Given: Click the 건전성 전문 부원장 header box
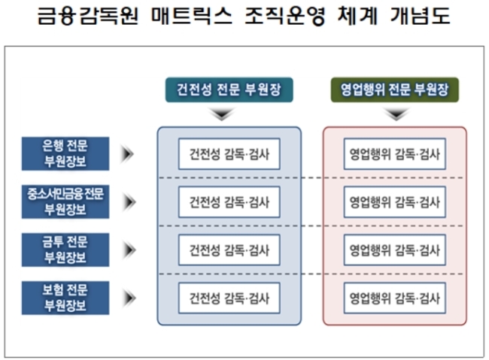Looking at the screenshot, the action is (x=229, y=89).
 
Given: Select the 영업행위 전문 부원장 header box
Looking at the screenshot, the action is (x=394, y=89).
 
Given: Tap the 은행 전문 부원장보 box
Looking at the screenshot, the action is (x=65, y=153).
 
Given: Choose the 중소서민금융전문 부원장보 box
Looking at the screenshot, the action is (x=65, y=201).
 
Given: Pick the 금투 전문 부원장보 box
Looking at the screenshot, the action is (x=65, y=250).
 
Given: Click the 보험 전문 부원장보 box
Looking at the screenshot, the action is (x=65, y=298).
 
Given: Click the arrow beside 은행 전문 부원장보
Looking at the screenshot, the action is (x=128, y=153).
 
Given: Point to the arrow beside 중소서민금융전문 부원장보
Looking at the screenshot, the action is (x=129, y=202).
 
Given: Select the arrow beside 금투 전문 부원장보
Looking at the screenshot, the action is (x=129, y=250).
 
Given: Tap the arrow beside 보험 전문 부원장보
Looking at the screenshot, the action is (x=129, y=298).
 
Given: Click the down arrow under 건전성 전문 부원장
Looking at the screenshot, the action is (x=222, y=113).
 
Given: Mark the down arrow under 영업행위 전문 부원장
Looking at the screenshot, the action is (x=396, y=113).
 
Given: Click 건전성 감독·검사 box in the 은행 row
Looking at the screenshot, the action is (x=229, y=154).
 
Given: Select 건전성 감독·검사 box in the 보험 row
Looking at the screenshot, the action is (x=229, y=298).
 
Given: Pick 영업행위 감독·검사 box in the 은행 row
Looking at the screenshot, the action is (x=395, y=154).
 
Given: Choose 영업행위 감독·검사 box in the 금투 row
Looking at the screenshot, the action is (x=395, y=250).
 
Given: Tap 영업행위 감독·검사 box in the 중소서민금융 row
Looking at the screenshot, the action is (x=395, y=202).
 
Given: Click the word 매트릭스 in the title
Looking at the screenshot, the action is (x=192, y=15).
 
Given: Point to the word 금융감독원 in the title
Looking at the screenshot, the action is (x=87, y=15).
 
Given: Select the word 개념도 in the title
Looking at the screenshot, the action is (x=421, y=15).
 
